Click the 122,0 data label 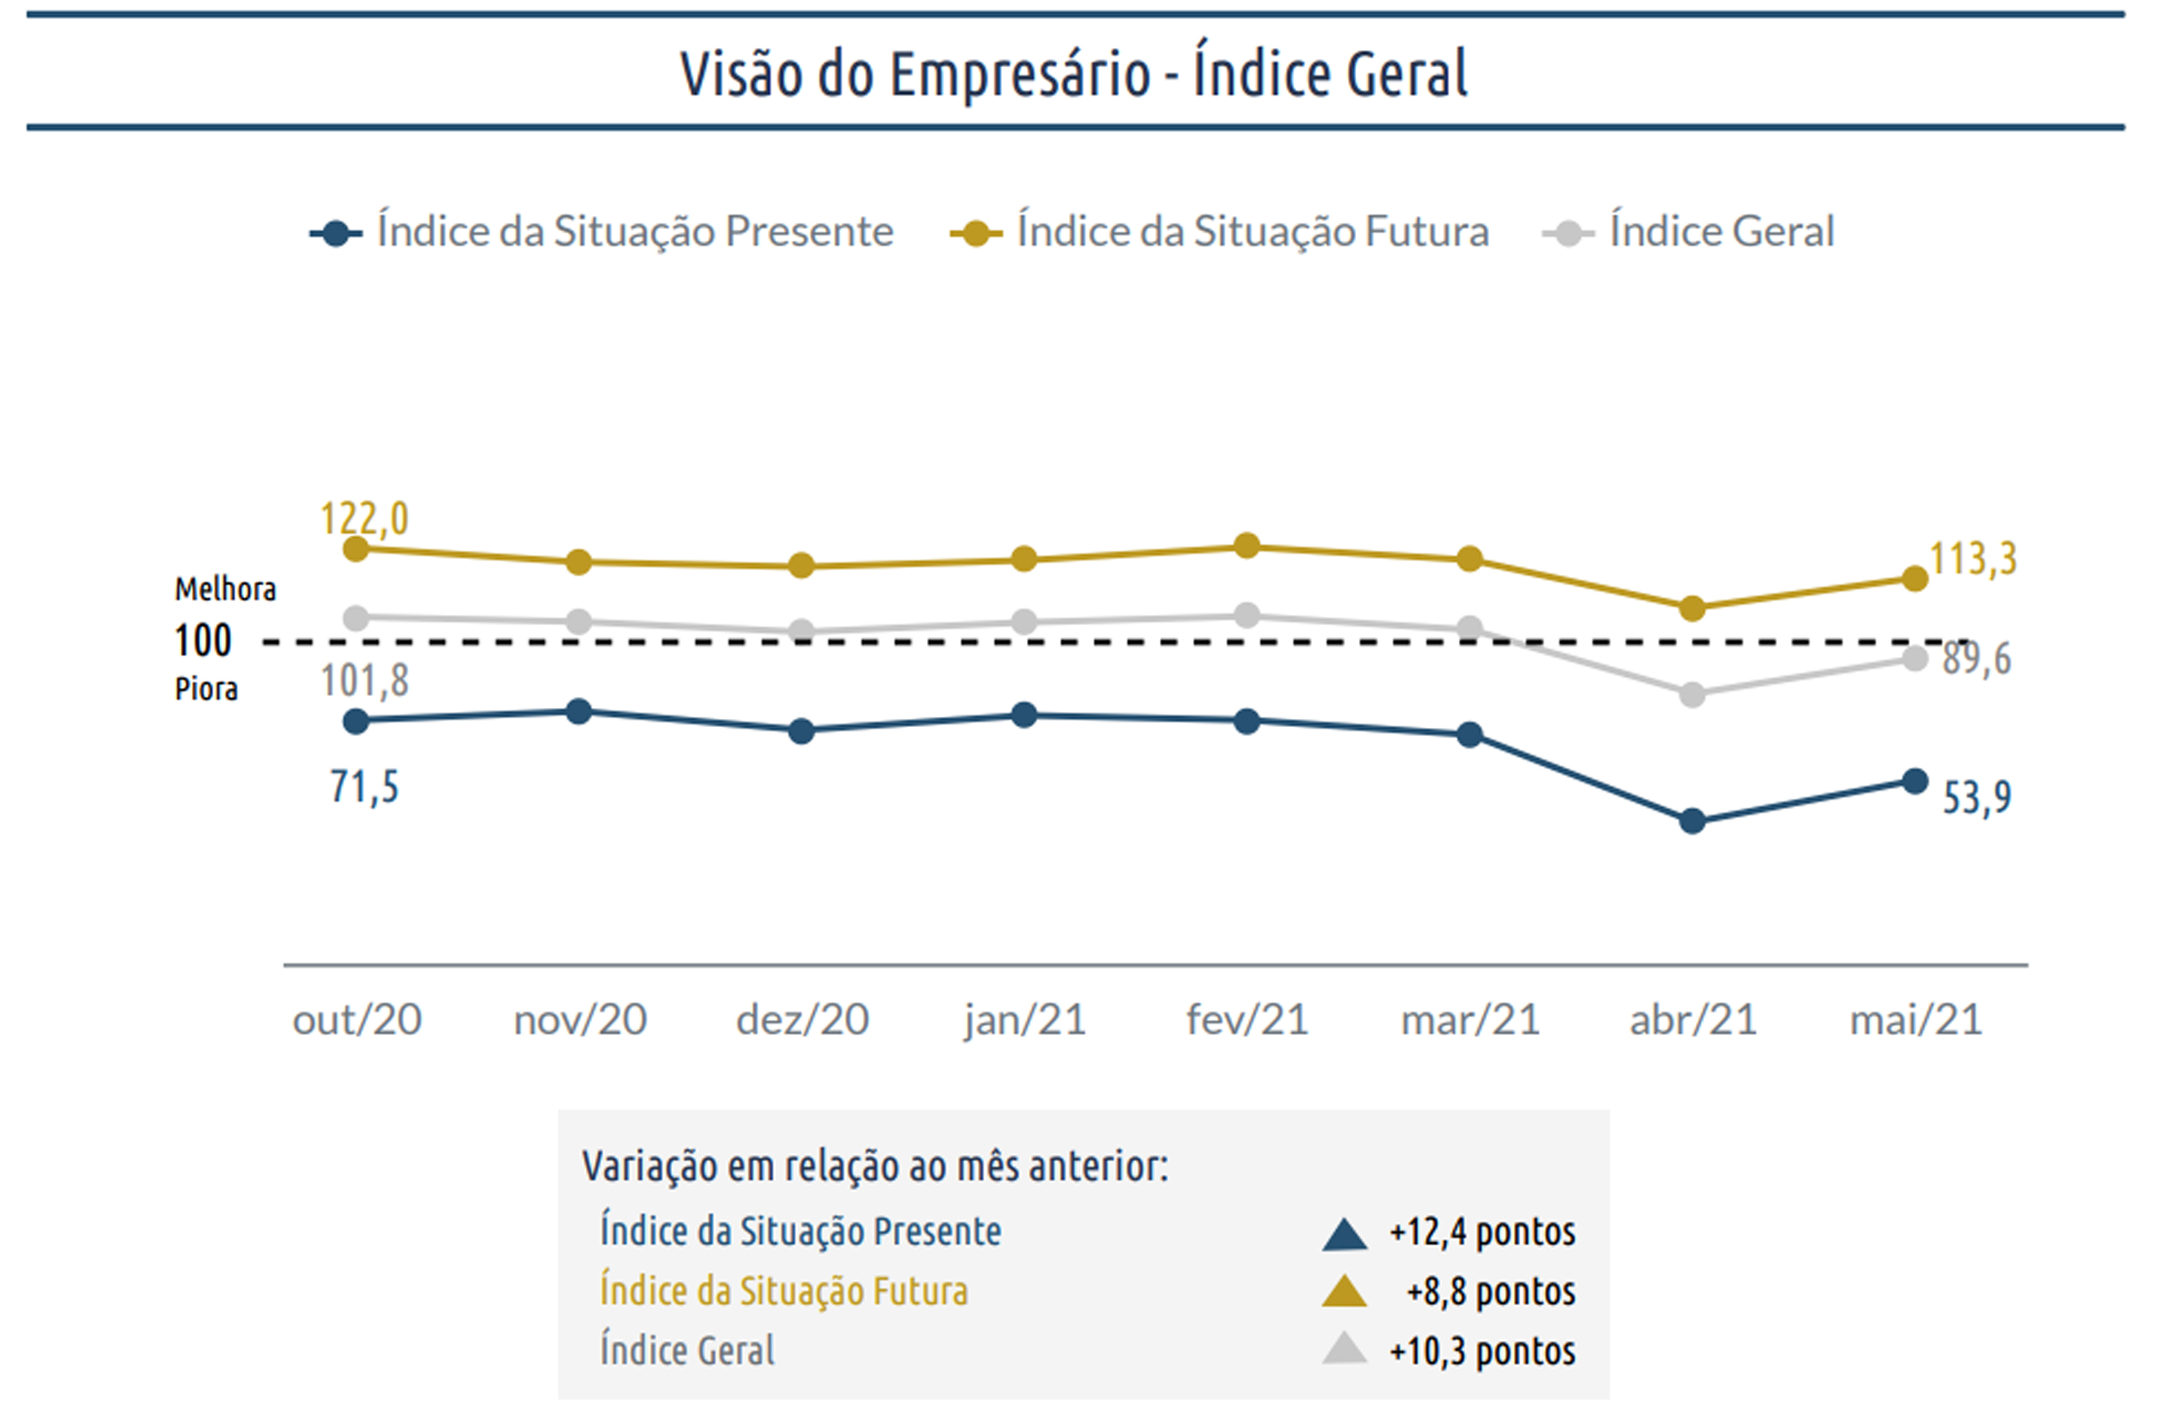coord(364,519)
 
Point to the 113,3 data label coord(1973,559)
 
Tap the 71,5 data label coord(364,787)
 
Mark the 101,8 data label coord(364,681)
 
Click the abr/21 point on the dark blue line coord(1692,820)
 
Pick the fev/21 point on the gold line coord(1247,546)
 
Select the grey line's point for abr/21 coord(1692,695)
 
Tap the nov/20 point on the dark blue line coord(579,711)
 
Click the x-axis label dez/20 coord(802,1020)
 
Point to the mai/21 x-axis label coord(1916,1020)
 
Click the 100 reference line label coord(203,640)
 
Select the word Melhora coord(225,590)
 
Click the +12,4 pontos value coord(1482,1232)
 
